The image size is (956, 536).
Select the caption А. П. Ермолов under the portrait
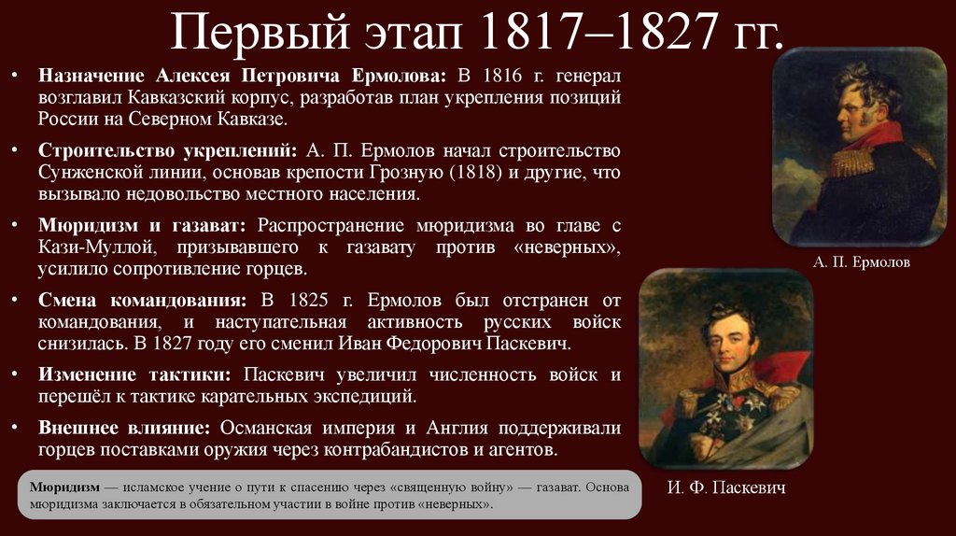click(861, 262)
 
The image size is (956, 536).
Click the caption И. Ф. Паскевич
click(726, 487)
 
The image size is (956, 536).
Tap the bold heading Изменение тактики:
click(135, 374)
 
